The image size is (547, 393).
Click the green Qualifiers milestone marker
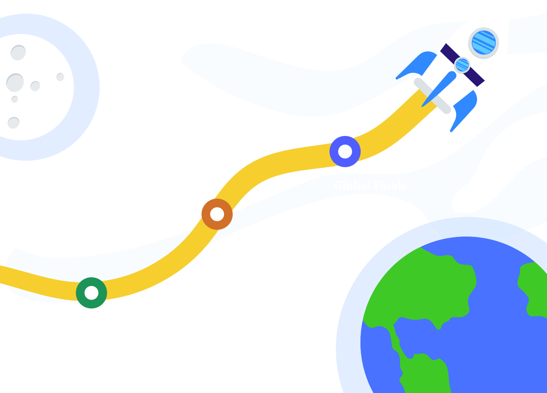(x=92, y=293)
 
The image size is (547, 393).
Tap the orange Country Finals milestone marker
(x=217, y=214)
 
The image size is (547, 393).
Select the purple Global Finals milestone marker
(x=345, y=151)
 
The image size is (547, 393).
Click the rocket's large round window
(x=484, y=43)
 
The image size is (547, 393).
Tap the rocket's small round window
(x=462, y=65)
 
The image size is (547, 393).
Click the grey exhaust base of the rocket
(x=433, y=96)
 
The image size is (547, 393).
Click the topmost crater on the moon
(x=18, y=52)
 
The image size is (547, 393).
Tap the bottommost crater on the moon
(x=14, y=123)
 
